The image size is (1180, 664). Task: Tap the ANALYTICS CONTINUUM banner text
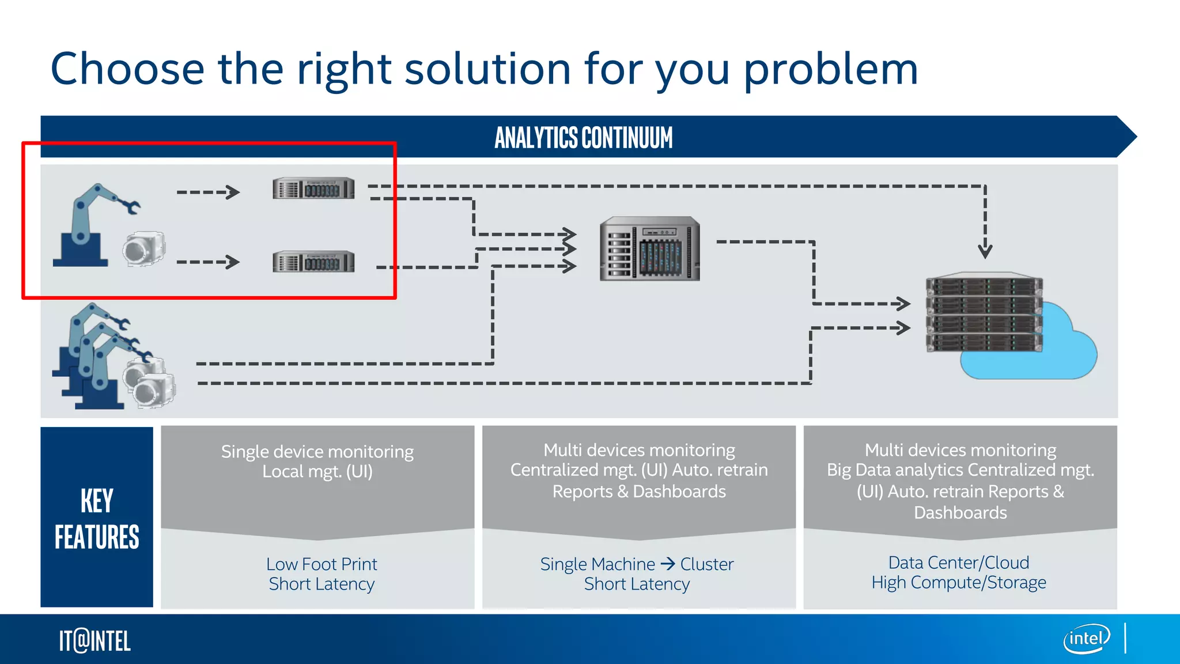pos(583,138)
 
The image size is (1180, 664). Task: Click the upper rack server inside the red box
pos(313,188)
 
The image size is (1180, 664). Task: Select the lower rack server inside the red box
pos(313,262)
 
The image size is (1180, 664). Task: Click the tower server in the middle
pos(650,248)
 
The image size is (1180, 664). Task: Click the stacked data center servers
pos(984,312)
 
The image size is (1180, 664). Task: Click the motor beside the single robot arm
pos(143,248)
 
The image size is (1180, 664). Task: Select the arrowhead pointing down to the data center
pos(985,251)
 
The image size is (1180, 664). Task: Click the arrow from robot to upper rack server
pos(208,192)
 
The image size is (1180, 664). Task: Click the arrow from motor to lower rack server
pos(208,262)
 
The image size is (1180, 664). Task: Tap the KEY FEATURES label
pos(97,518)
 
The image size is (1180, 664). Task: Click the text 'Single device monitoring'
pos(317,451)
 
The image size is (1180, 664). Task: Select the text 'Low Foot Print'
pos(322,564)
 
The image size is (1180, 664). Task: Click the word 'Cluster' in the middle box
pos(707,564)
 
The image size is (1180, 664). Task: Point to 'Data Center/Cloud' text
pos(959,562)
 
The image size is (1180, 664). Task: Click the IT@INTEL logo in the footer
pos(95,641)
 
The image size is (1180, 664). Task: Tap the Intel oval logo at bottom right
pos(1086,639)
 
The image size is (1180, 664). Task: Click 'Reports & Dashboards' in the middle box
pos(639,492)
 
